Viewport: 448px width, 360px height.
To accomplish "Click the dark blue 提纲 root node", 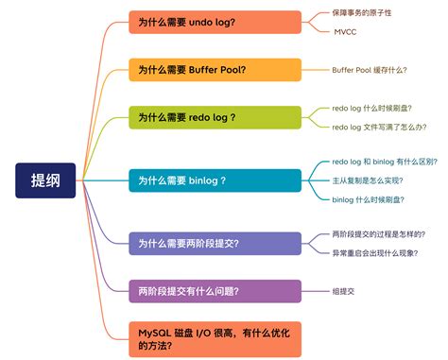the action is [x=45, y=180].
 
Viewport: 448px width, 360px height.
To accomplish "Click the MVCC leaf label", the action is [x=345, y=31].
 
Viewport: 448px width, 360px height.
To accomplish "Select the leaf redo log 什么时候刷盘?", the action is [x=371, y=108].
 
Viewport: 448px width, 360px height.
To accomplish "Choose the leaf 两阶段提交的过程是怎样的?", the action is [x=378, y=233].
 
